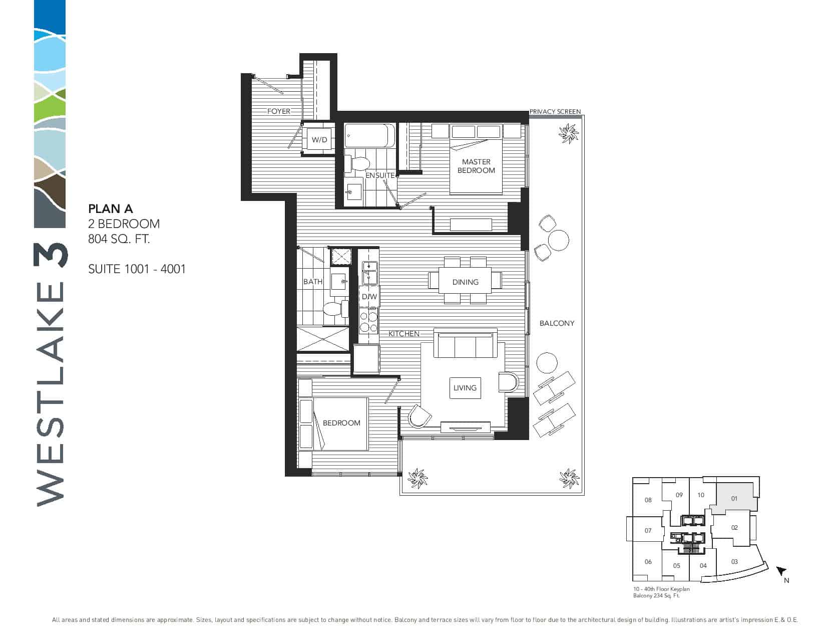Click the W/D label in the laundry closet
(x=319, y=140)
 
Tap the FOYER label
(x=279, y=111)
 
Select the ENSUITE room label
(x=380, y=175)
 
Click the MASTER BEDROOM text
(x=476, y=166)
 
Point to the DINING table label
(x=465, y=282)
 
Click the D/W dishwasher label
(x=369, y=297)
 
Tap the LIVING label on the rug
(x=465, y=388)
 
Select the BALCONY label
(x=557, y=323)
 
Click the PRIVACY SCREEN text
(x=555, y=111)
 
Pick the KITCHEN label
(x=403, y=334)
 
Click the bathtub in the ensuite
(x=369, y=135)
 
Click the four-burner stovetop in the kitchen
(x=369, y=321)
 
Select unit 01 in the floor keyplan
(x=734, y=498)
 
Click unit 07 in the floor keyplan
(x=648, y=530)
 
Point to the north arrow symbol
(x=781, y=571)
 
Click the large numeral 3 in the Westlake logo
(x=50, y=256)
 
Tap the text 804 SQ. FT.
(x=119, y=239)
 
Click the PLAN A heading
(x=110, y=208)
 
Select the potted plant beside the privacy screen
(x=569, y=134)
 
